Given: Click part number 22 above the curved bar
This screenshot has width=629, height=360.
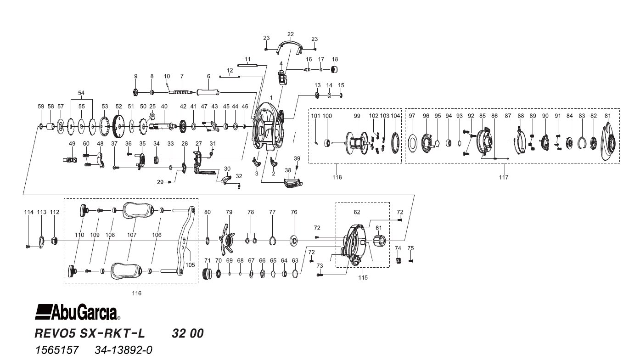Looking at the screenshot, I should click(x=290, y=34).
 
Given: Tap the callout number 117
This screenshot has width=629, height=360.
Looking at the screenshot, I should click(x=504, y=177).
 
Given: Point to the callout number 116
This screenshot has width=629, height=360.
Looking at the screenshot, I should click(x=136, y=293).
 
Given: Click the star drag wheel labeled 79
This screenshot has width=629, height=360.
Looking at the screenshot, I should click(x=229, y=238).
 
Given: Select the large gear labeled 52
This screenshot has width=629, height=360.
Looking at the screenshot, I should click(x=119, y=126).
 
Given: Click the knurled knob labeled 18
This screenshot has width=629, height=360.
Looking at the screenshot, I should click(x=335, y=69).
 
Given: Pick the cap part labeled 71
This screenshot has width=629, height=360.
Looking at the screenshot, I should click(x=207, y=275).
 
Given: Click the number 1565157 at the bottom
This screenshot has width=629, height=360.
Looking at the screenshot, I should click(x=57, y=350).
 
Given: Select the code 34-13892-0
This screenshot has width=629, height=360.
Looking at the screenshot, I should click(x=124, y=350).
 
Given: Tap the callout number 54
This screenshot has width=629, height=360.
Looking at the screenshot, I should click(x=81, y=93).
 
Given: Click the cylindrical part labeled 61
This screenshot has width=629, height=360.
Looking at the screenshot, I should click(x=378, y=242).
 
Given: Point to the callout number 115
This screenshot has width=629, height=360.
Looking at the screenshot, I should click(x=363, y=277).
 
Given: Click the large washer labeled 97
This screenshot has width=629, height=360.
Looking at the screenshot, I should click(x=412, y=142).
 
